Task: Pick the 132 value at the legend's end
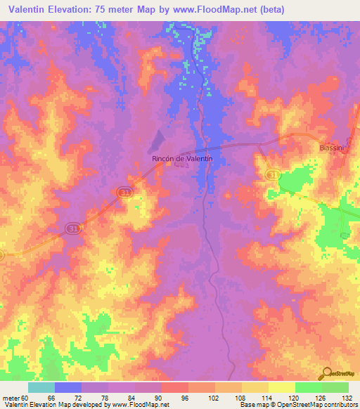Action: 347,397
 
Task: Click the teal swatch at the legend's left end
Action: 41,387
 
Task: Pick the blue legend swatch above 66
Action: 68,387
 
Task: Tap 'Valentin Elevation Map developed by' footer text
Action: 55,405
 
